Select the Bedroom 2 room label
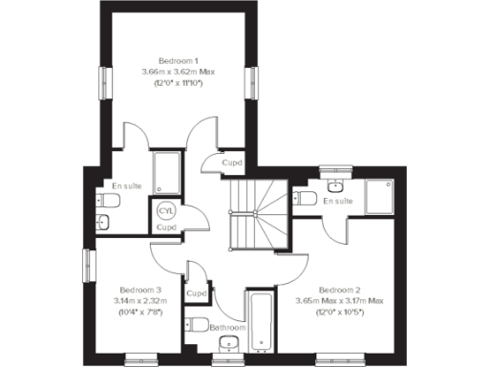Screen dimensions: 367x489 click(339, 290)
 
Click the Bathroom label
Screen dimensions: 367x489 click(228, 328)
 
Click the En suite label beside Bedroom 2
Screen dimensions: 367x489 click(338, 202)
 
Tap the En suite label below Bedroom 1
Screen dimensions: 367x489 click(125, 185)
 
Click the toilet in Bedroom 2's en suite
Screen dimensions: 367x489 click(306, 198)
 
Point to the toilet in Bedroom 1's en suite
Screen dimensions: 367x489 click(108, 202)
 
